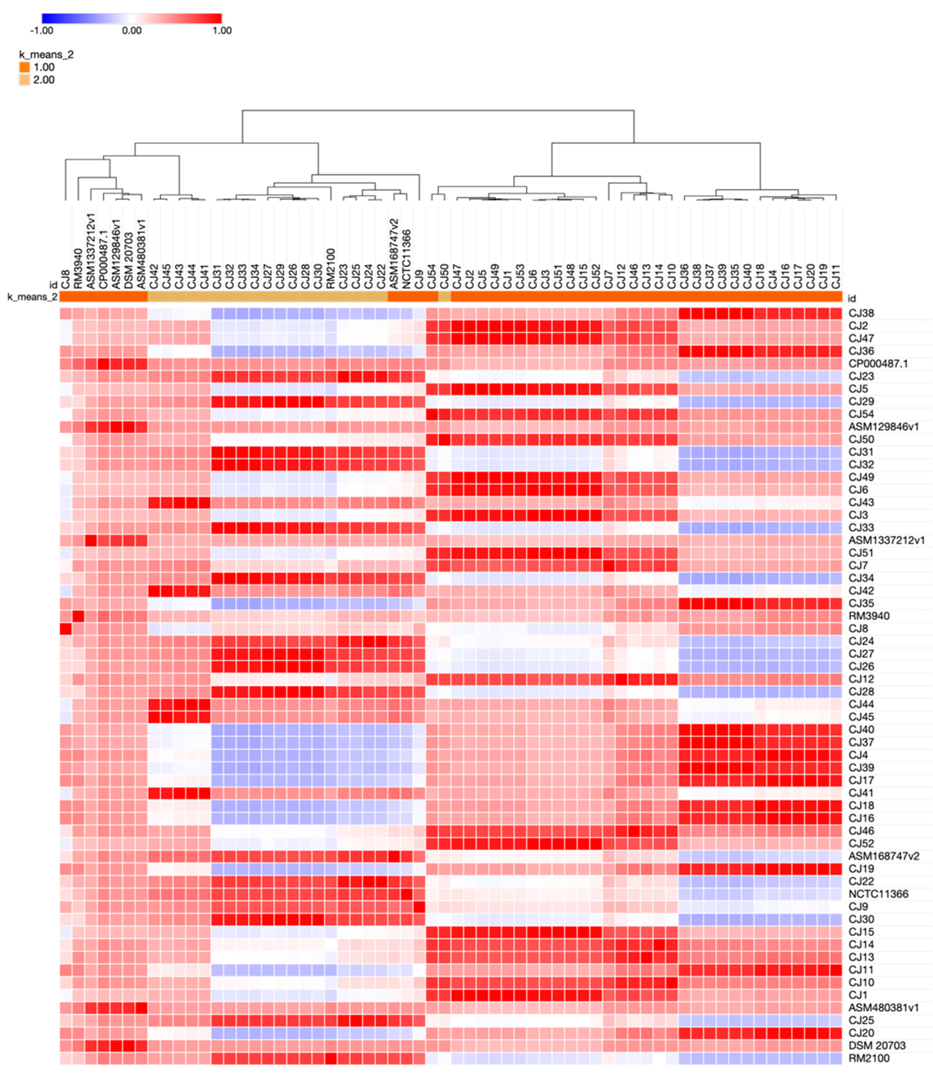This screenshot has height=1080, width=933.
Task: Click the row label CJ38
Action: click(x=861, y=313)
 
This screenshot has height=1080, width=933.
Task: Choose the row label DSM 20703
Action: click(x=877, y=1046)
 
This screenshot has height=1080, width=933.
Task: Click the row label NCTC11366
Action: click(x=878, y=894)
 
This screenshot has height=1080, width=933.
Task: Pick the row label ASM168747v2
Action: click(x=884, y=856)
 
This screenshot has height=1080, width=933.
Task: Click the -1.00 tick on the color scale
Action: click(x=42, y=31)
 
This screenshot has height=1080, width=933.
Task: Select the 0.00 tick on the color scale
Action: click(x=132, y=31)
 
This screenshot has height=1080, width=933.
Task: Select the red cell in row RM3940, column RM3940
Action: click(x=78, y=616)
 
